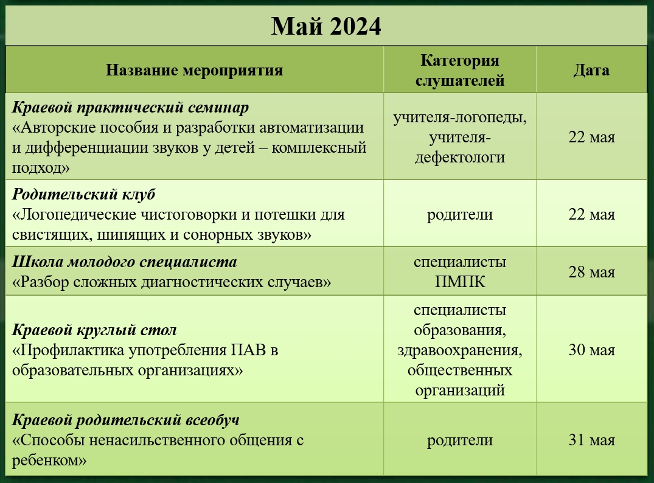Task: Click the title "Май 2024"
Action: tap(326, 26)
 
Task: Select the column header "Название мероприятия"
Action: tap(194, 70)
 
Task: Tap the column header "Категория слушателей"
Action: tap(460, 70)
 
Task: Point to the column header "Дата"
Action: tap(591, 70)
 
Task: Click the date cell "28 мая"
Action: tap(591, 272)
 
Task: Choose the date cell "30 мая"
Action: tap(591, 350)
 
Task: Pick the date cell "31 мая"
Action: tap(591, 440)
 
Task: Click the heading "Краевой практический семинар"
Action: tap(130, 108)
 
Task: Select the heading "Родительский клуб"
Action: tap(83, 194)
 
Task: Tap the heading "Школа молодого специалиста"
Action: tap(124, 262)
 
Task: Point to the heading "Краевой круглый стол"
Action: tap(94, 330)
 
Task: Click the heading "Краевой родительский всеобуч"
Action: tap(125, 420)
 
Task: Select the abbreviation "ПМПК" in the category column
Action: tap(460, 282)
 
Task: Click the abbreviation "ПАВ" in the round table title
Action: tap(248, 350)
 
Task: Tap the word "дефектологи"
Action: tap(460, 158)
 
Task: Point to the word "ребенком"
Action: tap(46, 460)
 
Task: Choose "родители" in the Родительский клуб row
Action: tap(460, 215)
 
